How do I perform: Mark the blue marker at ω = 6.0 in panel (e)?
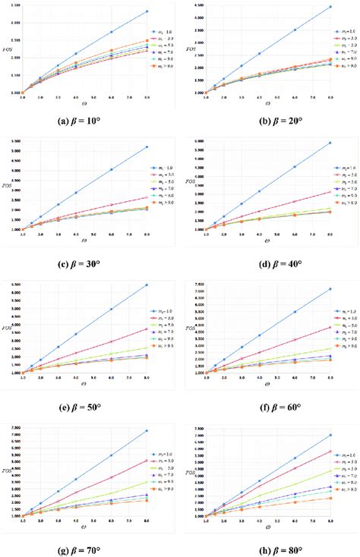111,309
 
